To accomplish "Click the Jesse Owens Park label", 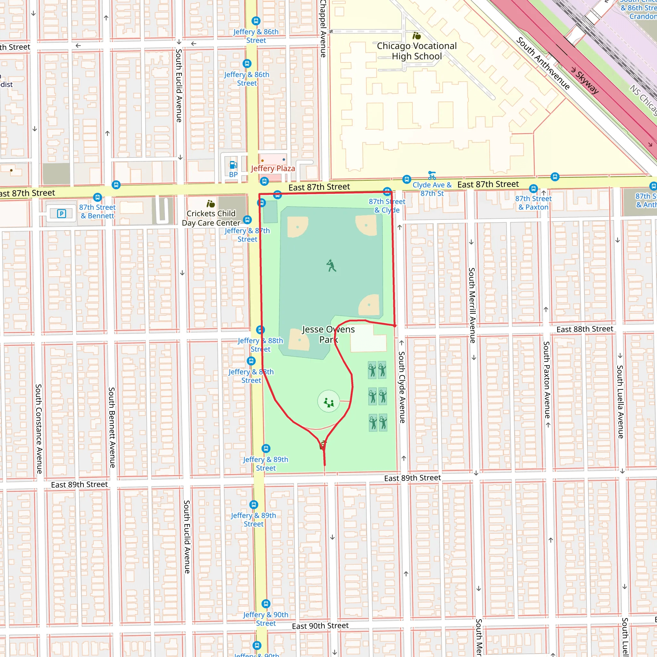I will pyautogui.click(x=328, y=334).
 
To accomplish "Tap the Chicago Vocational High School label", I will pyautogui.click(x=417, y=51).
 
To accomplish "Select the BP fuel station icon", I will pyautogui.click(x=233, y=165).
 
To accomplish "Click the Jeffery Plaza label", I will pyautogui.click(x=273, y=168).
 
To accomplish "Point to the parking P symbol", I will pyautogui.click(x=62, y=214).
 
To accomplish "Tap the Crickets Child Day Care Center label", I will pyautogui.click(x=211, y=218).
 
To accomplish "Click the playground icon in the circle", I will pyautogui.click(x=328, y=402).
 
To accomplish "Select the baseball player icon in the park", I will pyautogui.click(x=331, y=265).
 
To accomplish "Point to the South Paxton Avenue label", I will pyautogui.click(x=546, y=380).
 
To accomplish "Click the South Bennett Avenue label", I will pyautogui.click(x=112, y=427).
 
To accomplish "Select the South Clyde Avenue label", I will pyautogui.click(x=402, y=387).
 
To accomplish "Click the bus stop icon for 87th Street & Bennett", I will pyautogui.click(x=98, y=197).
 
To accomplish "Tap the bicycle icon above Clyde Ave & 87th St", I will pyautogui.click(x=432, y=175).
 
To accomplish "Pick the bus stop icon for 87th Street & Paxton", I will pyautogui.click(x=533, y=188).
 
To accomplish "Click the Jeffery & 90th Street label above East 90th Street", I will pyautogui.click(x=266, y=619).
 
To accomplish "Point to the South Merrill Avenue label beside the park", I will pyautogui.click(x=472, y=305).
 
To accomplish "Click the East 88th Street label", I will pyautogui.click(x=585, y=329).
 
